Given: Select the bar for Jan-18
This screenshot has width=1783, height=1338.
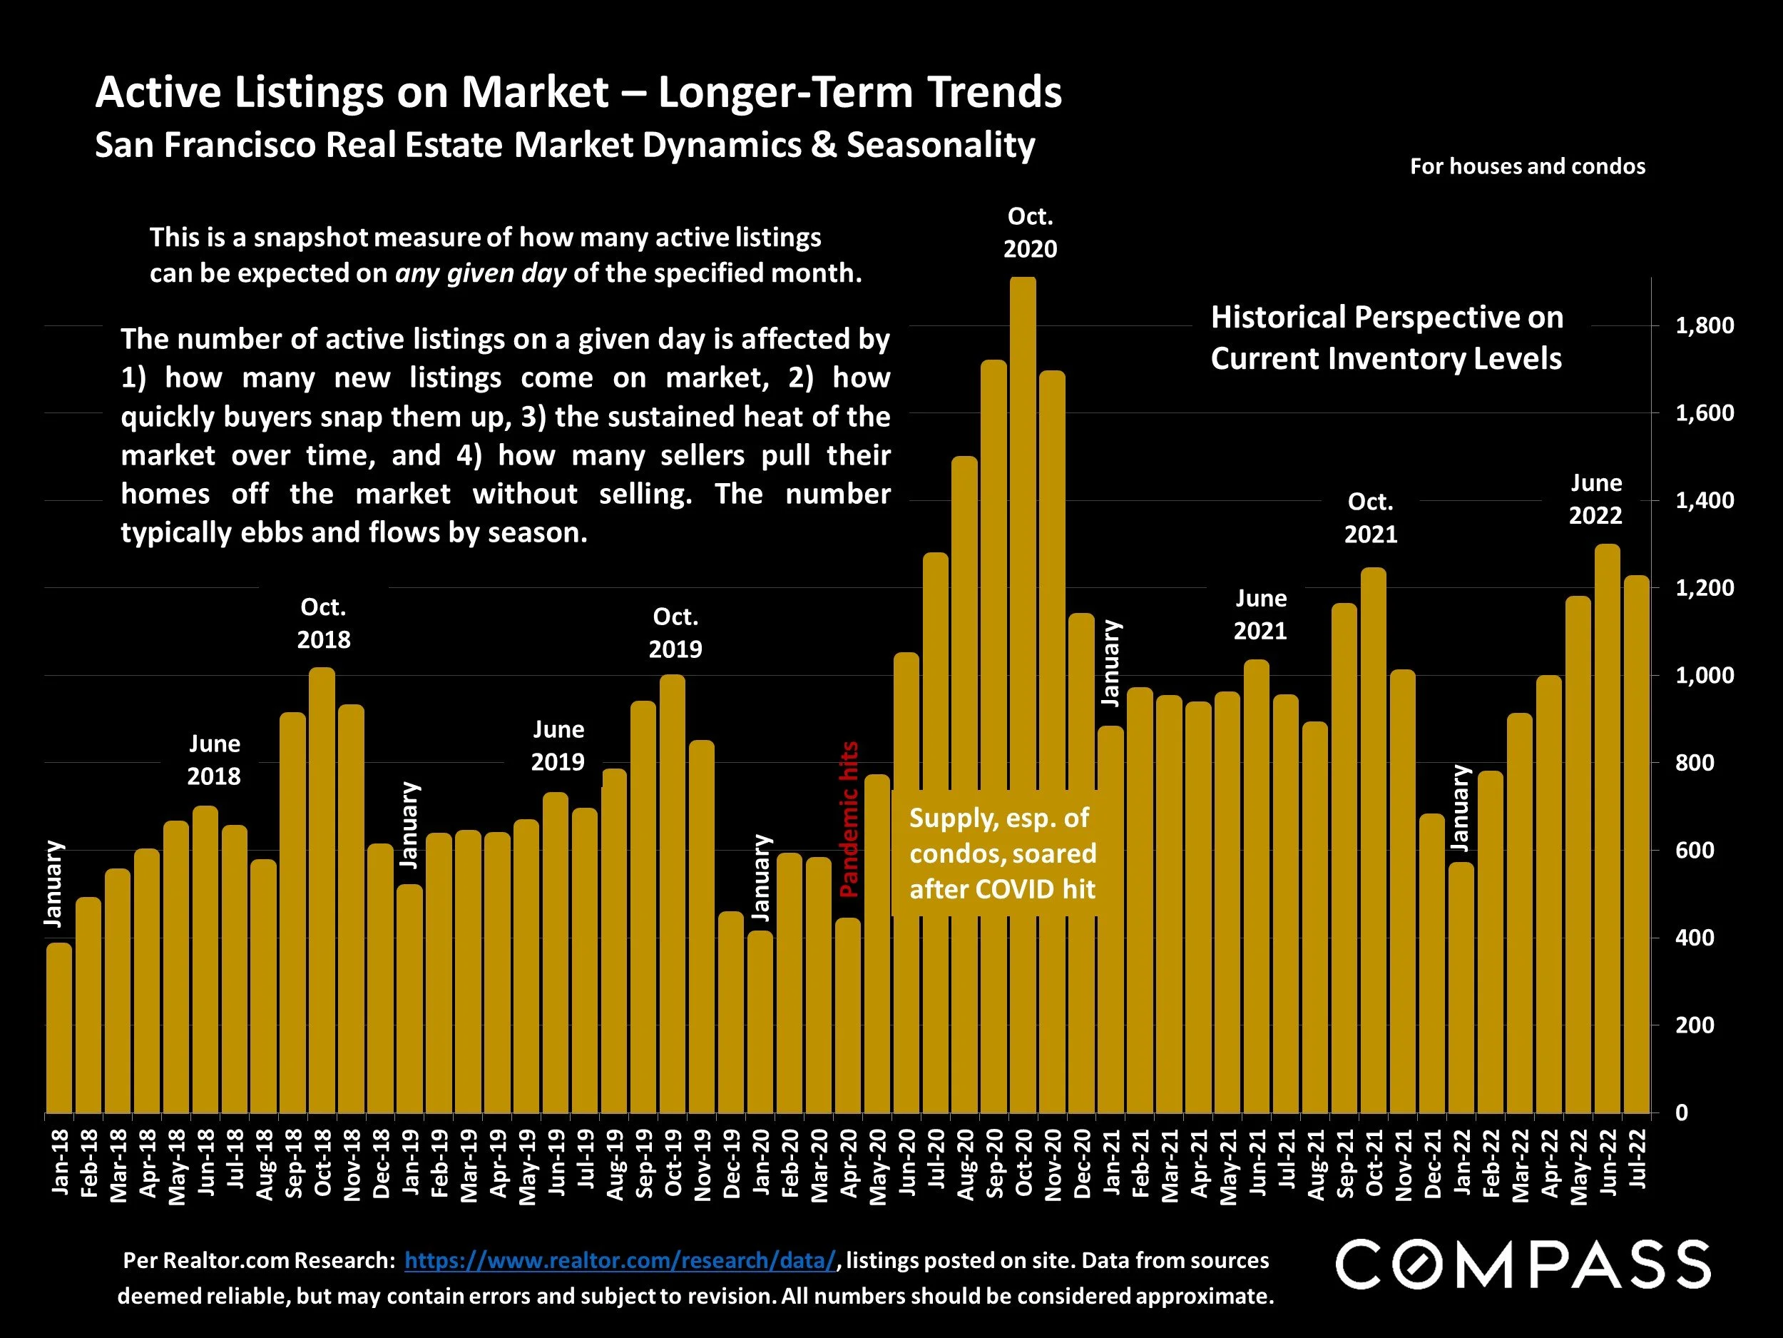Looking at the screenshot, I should (59, 1028).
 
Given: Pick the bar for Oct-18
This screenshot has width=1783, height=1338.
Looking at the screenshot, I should (322, 891).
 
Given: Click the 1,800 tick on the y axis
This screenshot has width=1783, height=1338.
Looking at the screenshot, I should (1704, 326).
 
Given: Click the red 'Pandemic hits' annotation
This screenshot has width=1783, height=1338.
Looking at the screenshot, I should (849, 819).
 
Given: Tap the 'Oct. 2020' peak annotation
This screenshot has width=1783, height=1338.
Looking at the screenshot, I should (1030, 232).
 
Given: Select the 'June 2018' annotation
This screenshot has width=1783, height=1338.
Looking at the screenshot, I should (214, 760).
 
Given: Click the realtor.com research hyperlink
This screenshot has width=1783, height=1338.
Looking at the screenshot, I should (619, 1261).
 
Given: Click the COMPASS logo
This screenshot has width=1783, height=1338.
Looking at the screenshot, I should (1523, 1264).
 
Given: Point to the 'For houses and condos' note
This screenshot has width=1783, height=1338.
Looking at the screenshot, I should (1528, 167).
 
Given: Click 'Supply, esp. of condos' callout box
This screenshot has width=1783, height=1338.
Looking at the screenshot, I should (1002, 853).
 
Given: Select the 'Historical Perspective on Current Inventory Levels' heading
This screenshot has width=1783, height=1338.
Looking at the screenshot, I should (1386, 338).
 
